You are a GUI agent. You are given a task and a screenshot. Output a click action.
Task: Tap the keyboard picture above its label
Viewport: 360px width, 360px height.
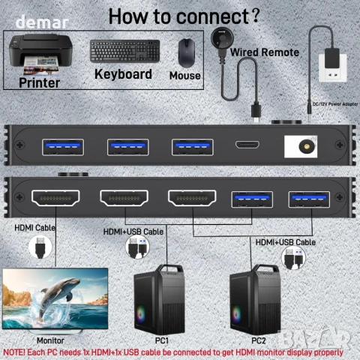coord(124,51)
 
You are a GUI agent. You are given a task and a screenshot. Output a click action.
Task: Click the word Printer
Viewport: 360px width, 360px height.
coord(40,82)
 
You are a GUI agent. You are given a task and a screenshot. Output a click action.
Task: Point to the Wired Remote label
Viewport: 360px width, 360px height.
coord(265,52)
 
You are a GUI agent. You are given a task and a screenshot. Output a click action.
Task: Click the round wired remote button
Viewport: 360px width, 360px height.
coord(221,37)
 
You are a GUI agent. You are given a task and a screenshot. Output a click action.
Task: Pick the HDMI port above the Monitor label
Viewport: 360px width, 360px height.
coord(56,199)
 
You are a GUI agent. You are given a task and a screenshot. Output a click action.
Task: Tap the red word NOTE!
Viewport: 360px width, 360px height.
coord(16,352)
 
